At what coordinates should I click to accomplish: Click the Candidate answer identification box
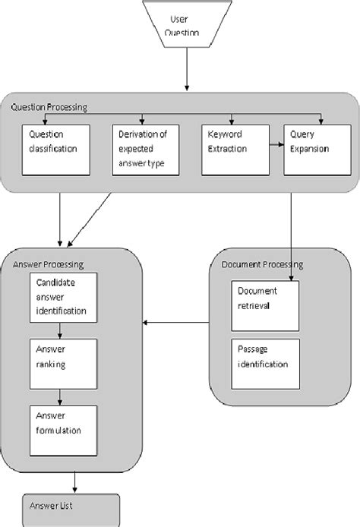point(65,298)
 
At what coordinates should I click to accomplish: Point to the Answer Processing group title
point(49,263)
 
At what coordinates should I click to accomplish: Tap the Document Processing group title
point(262,264)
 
